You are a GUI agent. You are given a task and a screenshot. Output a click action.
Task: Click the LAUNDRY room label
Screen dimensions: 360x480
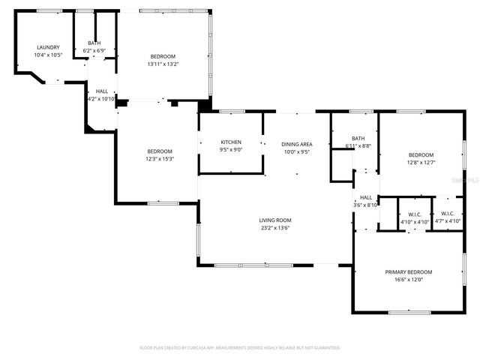coord(48,47)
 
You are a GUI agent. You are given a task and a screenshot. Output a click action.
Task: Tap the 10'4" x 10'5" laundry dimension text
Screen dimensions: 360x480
coord(48,55)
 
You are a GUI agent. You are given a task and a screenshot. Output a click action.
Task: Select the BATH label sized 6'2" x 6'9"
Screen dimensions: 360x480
coord(94,43)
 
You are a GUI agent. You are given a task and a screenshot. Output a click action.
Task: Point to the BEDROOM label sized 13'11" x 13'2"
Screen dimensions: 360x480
coord(163,57)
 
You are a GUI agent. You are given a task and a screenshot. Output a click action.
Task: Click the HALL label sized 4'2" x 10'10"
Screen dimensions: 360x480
coord(101,91)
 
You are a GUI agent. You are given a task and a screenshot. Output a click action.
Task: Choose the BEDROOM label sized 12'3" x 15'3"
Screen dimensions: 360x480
coord(159,151)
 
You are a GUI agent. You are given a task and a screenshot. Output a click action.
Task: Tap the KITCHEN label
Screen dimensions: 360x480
coord(230,142)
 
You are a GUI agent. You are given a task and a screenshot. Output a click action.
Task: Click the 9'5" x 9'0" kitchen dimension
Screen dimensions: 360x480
coord(230,149)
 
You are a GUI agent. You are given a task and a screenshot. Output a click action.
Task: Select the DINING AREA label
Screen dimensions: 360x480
coord(296,144)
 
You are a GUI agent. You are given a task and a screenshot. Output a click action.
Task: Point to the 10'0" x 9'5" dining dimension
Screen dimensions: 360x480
coord(296,151)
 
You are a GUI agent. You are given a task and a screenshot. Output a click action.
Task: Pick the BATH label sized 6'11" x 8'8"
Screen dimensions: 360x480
coord(358,138)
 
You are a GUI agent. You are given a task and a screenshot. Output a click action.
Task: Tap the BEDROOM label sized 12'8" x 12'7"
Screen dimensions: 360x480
coord(421,154)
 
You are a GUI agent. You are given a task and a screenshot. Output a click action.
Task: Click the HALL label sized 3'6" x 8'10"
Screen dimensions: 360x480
coord(366,197)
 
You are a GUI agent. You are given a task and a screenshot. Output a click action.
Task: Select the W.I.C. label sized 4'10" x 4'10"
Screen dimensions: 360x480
coord(414,214)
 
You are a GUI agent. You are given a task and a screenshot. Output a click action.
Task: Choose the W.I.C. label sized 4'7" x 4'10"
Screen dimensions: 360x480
coord(448,214)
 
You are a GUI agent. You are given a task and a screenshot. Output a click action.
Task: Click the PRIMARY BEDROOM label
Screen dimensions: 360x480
coord(409,271)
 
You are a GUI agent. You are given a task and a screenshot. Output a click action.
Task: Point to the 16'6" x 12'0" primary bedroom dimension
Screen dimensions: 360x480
coord(409,280)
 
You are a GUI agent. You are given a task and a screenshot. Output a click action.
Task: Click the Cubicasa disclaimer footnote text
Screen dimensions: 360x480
coord(240,348)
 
